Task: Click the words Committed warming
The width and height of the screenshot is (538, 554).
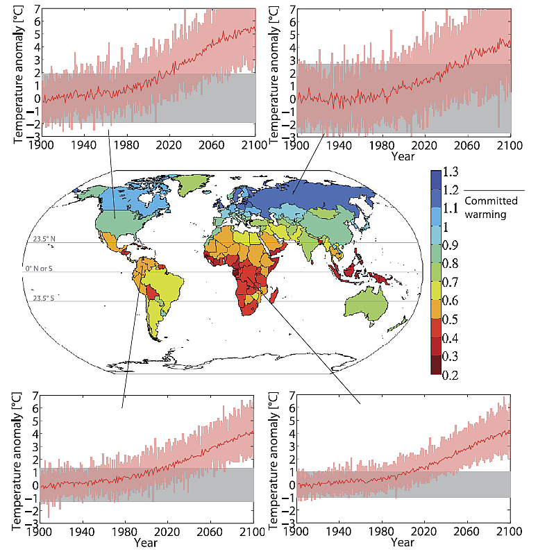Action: [x=487, y=208]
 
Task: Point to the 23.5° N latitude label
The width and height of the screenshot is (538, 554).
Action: [x=44, y=239]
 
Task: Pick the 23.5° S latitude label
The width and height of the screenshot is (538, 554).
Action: [x=44, y=298]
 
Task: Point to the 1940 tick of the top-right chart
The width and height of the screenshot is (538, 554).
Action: [x=340, y=145]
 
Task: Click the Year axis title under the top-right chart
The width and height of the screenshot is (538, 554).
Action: [x=403, y=157]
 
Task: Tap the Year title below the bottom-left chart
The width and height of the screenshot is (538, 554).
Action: [x=145, y=543]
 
